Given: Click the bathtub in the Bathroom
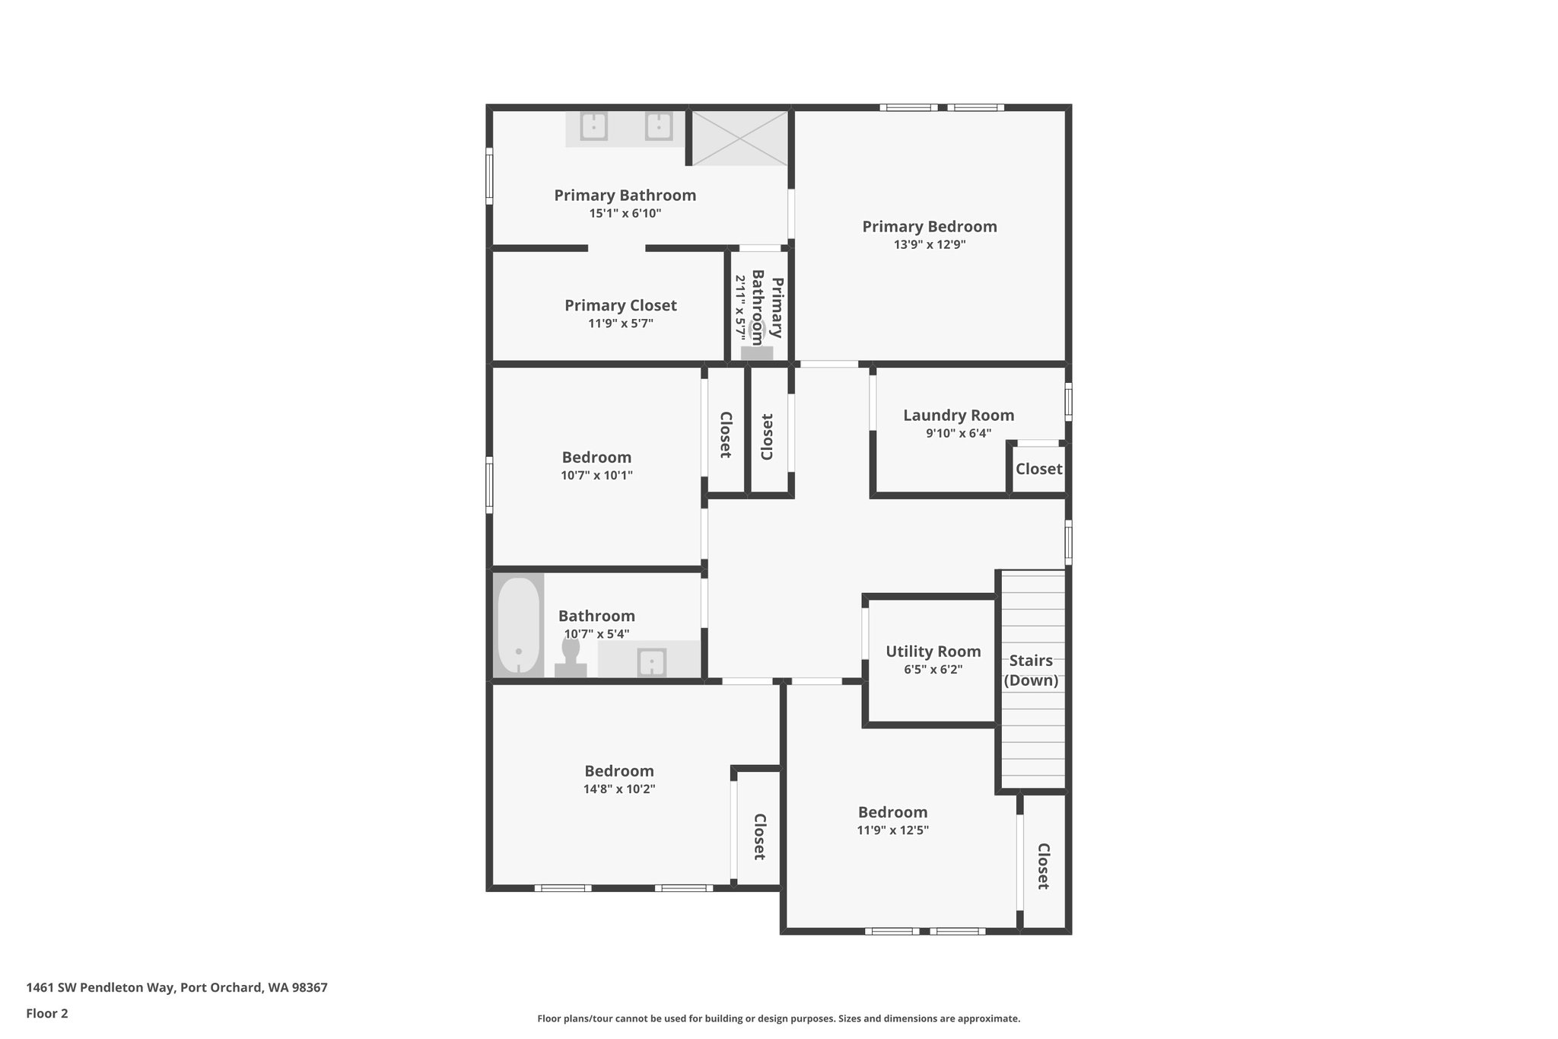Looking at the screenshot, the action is [518, 626].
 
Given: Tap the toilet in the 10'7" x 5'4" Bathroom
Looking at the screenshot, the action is [571, 657].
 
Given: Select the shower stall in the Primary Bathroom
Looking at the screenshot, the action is [740, 138].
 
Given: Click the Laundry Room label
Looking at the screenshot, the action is [959, 416].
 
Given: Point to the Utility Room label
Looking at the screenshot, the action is [933, 652].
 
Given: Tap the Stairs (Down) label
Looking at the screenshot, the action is [1031, 671].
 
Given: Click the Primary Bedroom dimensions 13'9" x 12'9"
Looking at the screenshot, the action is [930, 245].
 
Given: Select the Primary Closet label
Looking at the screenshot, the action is [621, 305].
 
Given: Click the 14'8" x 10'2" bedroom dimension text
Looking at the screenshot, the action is [619, 789].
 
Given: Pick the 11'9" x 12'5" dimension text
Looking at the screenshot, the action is [893, 830].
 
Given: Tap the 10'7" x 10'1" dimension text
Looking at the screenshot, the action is [597, 476].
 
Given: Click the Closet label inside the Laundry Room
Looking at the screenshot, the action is [1039, 469].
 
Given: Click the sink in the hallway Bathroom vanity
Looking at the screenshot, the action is [652, 661].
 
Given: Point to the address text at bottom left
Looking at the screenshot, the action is [177, 988].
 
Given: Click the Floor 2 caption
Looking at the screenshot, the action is [47, 1013].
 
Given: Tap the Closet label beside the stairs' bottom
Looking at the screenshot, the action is [1044, 866].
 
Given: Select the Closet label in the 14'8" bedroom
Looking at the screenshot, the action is [759, 837].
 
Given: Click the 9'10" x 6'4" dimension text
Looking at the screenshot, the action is [959, 434].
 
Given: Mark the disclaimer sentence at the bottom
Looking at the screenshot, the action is [779, 1018].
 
